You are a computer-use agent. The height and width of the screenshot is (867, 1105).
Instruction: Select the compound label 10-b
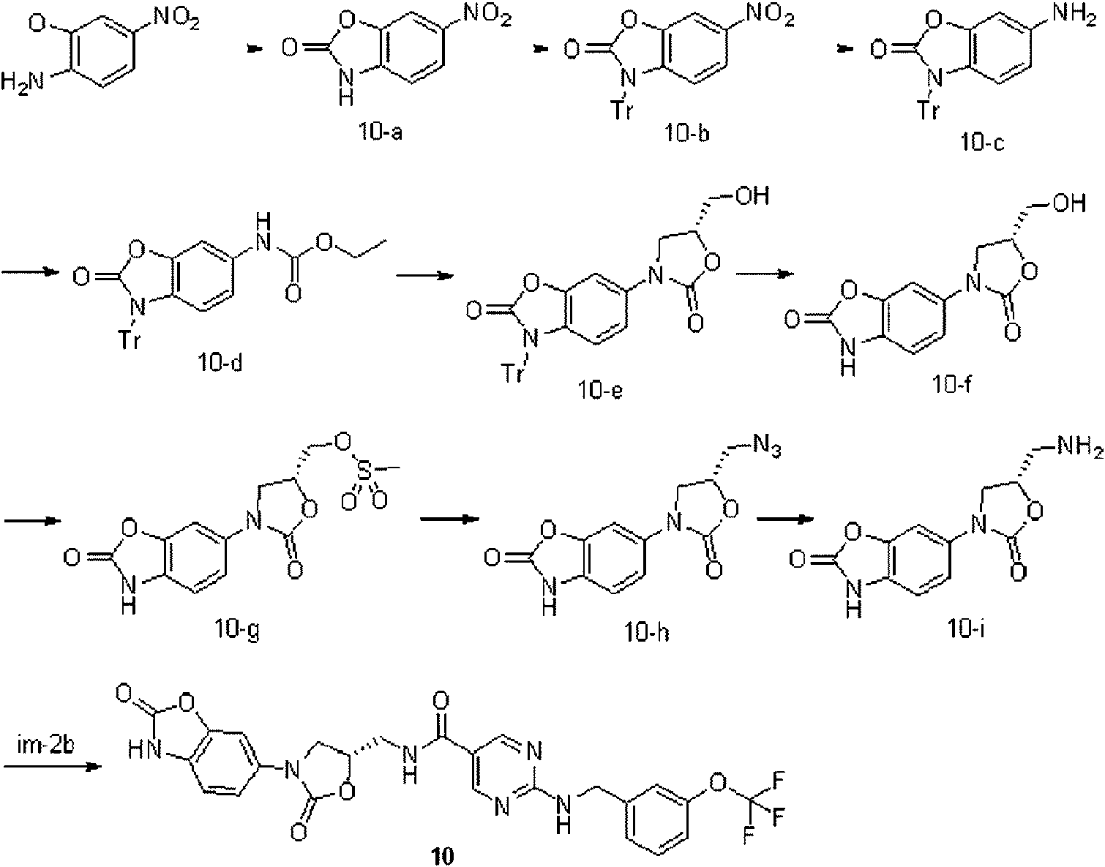click(686, 132)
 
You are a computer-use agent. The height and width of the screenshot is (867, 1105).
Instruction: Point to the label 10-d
click(221, 362)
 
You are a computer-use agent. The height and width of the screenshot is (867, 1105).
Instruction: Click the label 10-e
click(600, 389)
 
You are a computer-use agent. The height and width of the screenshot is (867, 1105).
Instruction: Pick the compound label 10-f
click(952, 385)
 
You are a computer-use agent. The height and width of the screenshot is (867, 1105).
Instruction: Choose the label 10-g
click(237, 631)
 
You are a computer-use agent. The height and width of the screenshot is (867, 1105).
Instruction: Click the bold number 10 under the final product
click(443, 856)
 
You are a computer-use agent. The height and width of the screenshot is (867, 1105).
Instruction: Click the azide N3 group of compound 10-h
click(766, 447)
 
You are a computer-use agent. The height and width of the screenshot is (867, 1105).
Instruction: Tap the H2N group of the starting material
click(23, 82)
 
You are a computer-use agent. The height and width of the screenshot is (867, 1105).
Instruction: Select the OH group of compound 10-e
click(752, 196)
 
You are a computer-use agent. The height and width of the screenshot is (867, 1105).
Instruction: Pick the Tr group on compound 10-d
click(130, 339)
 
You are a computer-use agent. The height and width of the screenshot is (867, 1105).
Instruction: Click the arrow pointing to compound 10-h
click(450, 519)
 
